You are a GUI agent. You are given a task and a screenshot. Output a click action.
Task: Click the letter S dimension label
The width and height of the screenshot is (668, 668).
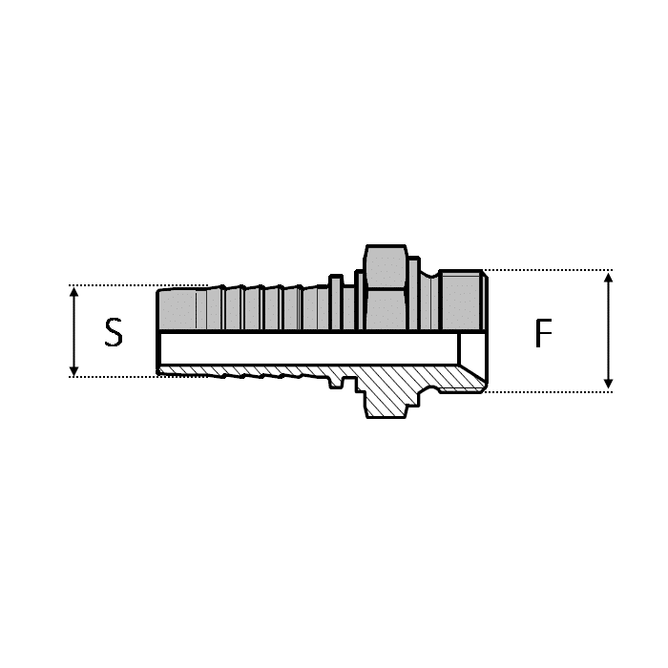(114, 332)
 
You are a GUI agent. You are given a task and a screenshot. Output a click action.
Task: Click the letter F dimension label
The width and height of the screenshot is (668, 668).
(543, 333)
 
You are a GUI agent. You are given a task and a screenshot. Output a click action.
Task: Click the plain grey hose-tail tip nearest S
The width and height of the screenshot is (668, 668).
(177, 308)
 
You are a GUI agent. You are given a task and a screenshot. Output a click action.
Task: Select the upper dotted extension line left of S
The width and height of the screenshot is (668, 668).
(115, 285)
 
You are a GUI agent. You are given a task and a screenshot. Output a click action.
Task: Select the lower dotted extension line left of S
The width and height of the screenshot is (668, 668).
(115, 377)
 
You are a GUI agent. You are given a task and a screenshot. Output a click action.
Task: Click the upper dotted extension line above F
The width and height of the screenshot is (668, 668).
(544, 270)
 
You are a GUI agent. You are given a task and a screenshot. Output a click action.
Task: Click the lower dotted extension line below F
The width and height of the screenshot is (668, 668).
(544, 391)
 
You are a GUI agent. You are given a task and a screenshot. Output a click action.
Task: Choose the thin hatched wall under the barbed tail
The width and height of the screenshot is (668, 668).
(248, 370)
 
